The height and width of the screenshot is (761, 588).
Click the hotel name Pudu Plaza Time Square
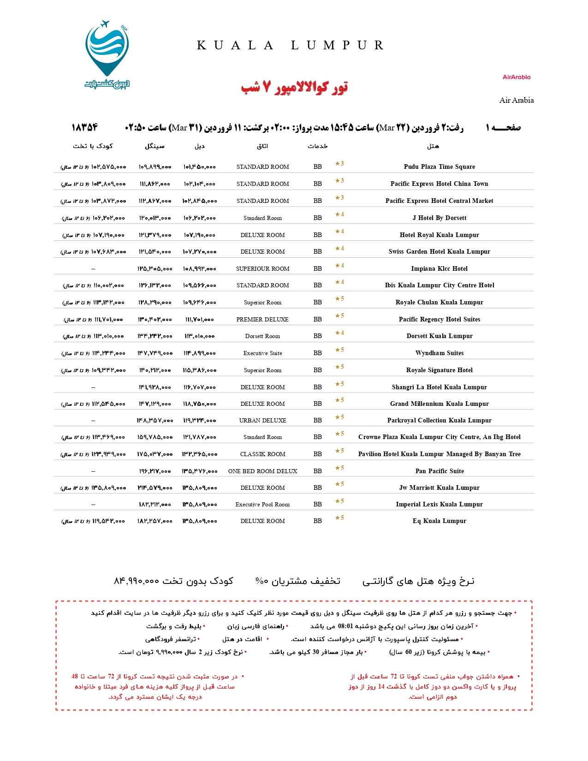[x=439, y=166]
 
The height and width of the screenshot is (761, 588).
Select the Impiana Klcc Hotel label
[x=439, y=268]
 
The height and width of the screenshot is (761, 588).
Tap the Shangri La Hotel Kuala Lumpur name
[x=439, y=387]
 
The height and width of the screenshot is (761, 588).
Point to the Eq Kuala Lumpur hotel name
[x=439, y=521]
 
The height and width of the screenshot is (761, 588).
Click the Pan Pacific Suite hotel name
[x=439, y=471]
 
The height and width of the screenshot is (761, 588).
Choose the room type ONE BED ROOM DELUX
[x=262, y=471]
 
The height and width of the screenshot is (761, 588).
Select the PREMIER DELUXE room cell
[x=262, y=319]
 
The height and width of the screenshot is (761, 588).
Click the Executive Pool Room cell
[x=262, y=504]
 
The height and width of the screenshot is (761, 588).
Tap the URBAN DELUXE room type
[x=262, y=420]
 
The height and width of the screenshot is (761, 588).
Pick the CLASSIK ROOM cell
[x=262, y=454]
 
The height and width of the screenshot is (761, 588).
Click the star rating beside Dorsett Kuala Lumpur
[x=339, y=333]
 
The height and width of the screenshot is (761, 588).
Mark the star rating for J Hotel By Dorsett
[x=339, y=214]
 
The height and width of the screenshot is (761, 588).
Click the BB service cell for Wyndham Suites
[x=318, y=353]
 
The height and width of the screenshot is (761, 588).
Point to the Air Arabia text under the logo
[x=516, y=100]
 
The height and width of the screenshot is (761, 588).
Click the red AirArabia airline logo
[x=516, y=77]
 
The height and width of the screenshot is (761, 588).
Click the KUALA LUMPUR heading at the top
[x=291, y=45]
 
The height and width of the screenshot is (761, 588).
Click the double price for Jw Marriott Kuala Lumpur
[x=199, y=488]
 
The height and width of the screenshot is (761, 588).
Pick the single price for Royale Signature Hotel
[x=155, y=370]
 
